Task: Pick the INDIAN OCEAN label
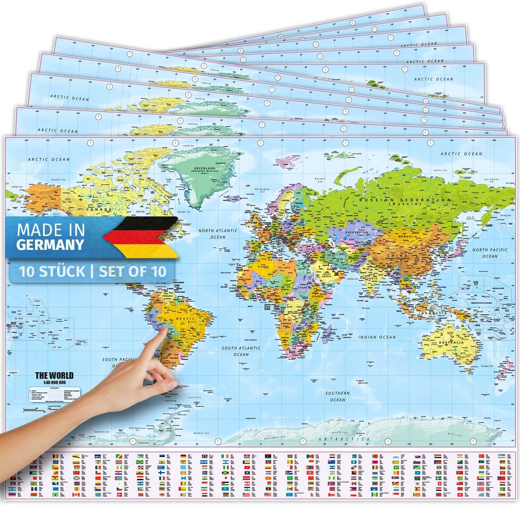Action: (x=377, y=337)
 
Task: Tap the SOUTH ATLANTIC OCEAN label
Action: (x=239, y=351)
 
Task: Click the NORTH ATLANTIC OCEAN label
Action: (x=218, y=234)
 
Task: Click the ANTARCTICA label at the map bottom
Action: (x=344, y=439)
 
